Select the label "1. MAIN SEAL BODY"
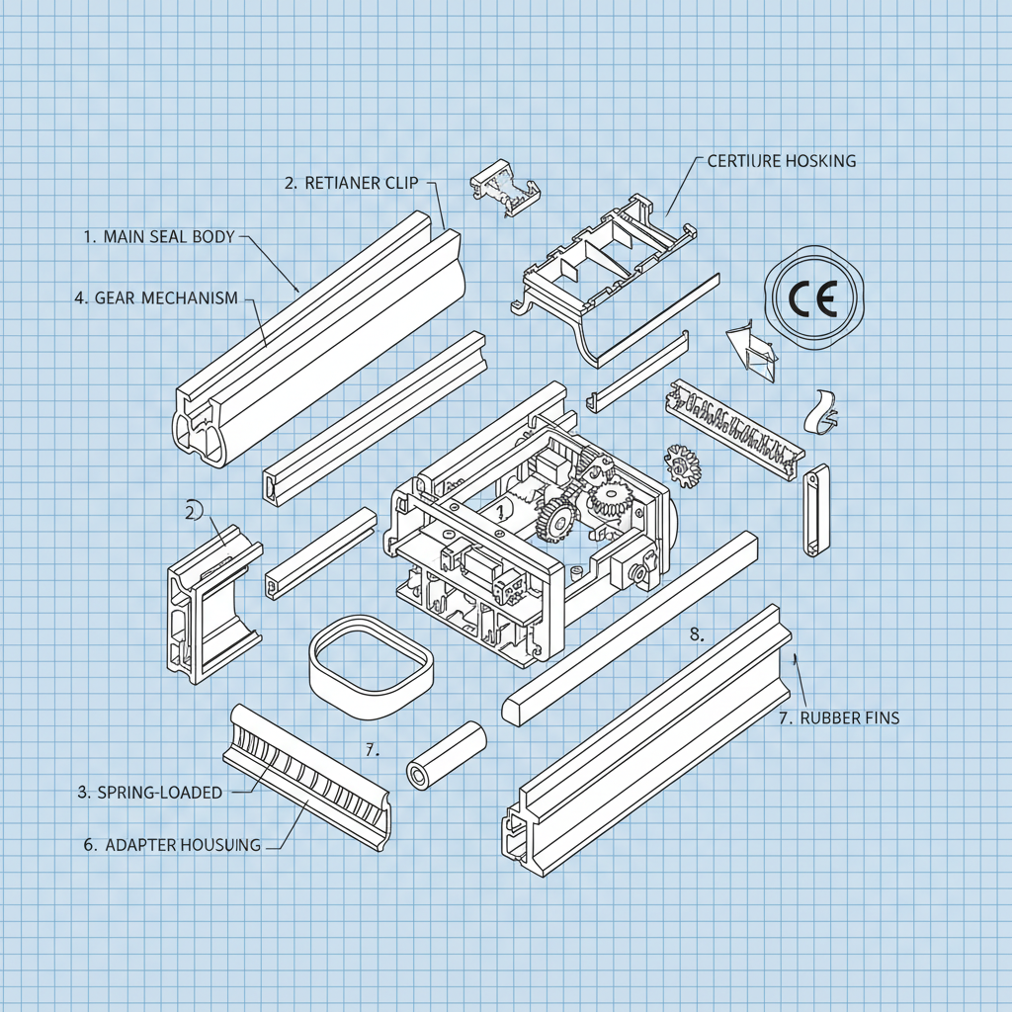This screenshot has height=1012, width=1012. point(159,237)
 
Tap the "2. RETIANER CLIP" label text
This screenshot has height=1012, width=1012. point(351,182)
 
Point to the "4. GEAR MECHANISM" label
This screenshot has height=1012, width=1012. point(156,297)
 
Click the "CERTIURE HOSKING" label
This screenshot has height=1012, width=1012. point(782,160)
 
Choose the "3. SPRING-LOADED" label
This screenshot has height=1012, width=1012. point(149,792)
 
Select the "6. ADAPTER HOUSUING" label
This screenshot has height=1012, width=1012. point(169,845)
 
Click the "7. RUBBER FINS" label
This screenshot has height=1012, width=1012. point(839,718)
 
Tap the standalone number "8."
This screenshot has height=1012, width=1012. point(696,634)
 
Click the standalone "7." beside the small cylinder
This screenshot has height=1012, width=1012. point(372,750)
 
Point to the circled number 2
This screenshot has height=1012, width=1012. point(192,510)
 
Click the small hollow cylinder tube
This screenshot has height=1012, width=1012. point(447,756)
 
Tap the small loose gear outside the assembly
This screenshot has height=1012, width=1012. point(681,464)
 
